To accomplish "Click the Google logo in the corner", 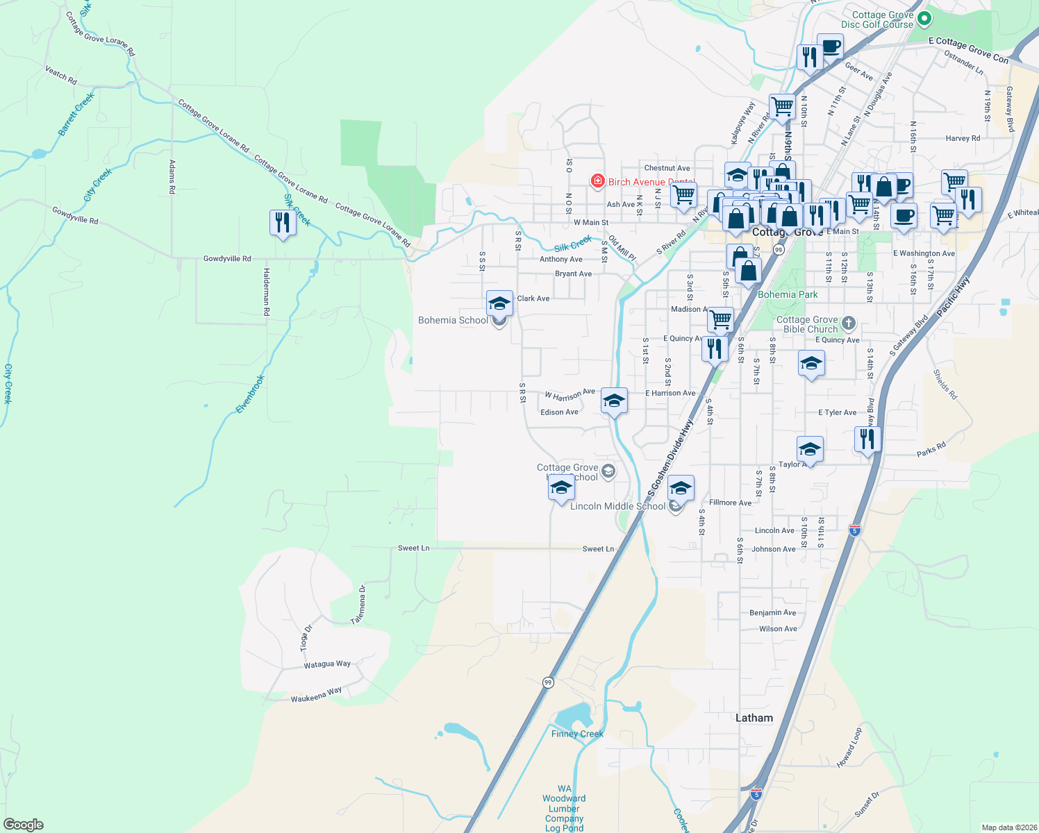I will pyautogui.click(x=24, y=824).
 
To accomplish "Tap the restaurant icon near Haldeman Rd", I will pyautogui.click(x=282, y=224).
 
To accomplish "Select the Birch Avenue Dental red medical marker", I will pyautogui.click(x=597, y=182).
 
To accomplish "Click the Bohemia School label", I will pyautogui.click(x=453, y=320).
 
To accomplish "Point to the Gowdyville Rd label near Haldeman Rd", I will pyautogui.click(x=227, y=258).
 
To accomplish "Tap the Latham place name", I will pyautogui.click(x=754, y=718).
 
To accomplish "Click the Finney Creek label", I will pyautogui.click(x=577, y=734).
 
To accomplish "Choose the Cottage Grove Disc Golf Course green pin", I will pyautogui.click(x=924, y=18).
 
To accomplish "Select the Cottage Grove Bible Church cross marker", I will pyautogui.click(x=848, y=323).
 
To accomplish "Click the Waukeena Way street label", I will pyautogui.click(x=316, y=695).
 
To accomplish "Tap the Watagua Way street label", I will pyautogui.click(x=327, y=664).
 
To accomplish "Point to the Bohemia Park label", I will pyautogui.click(x=788, y=294).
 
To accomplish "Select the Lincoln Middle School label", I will pyautogui.click(x=617, y=506).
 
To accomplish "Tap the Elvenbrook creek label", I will pyautogui.click(x=251, y=394).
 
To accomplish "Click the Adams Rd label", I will pyautogui.click(x=172, y=176).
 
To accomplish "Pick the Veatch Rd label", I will pyautogui.click(x=61, y=75).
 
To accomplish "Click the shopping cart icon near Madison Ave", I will pyautogui.click(x=720, y=320).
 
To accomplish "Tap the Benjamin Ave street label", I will pyautogui.click(x=773, y=613).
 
